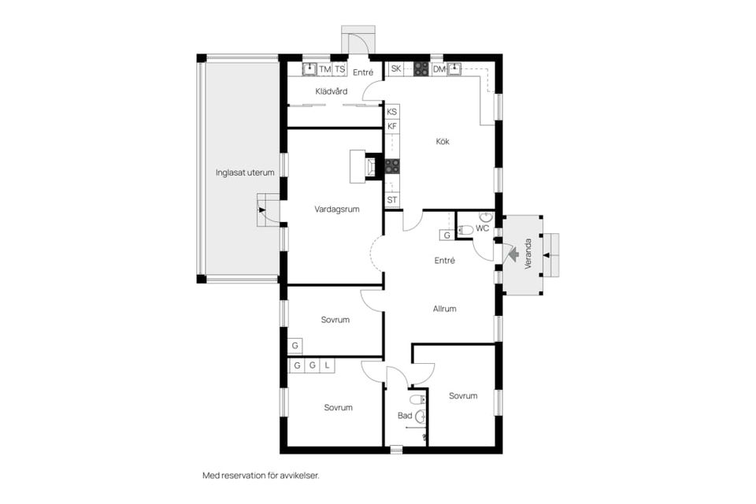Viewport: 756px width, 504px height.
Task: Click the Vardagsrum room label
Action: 336,209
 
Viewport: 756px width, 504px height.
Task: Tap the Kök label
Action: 443,141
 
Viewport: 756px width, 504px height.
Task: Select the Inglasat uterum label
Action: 245,172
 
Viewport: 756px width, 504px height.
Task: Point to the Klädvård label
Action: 332,91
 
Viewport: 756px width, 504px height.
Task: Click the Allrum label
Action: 444,309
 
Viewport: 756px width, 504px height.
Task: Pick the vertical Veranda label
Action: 528,254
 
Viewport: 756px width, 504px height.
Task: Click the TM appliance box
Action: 325,69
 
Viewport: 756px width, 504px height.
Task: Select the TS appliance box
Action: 340,69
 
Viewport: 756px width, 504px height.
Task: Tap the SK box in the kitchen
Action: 396,69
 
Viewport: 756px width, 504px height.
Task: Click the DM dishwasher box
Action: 439,69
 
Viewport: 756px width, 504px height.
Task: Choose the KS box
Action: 392,112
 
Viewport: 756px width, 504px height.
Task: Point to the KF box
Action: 392,126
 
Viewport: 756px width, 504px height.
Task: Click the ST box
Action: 392,200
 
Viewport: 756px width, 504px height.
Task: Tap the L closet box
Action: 327,365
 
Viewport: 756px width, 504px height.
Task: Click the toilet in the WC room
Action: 465,230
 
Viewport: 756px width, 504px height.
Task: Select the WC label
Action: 482,228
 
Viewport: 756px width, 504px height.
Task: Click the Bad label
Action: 405,415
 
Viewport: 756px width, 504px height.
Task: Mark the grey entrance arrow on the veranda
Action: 512,254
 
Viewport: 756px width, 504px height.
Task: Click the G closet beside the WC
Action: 447,235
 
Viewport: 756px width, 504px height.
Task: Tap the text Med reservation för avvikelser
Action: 261,476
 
